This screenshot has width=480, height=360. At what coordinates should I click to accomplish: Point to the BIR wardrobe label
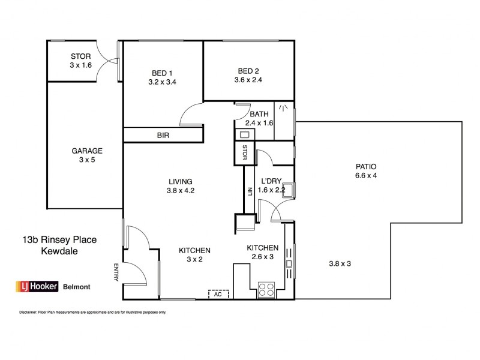[x=163, y=136]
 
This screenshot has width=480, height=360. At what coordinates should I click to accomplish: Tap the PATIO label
[x=365, y=167]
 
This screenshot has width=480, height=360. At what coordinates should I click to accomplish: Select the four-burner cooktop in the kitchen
[x=266, y=290]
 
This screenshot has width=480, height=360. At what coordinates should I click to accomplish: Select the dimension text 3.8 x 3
[x=340, y=263]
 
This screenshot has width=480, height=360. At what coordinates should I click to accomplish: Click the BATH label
[x=259, y=114]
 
